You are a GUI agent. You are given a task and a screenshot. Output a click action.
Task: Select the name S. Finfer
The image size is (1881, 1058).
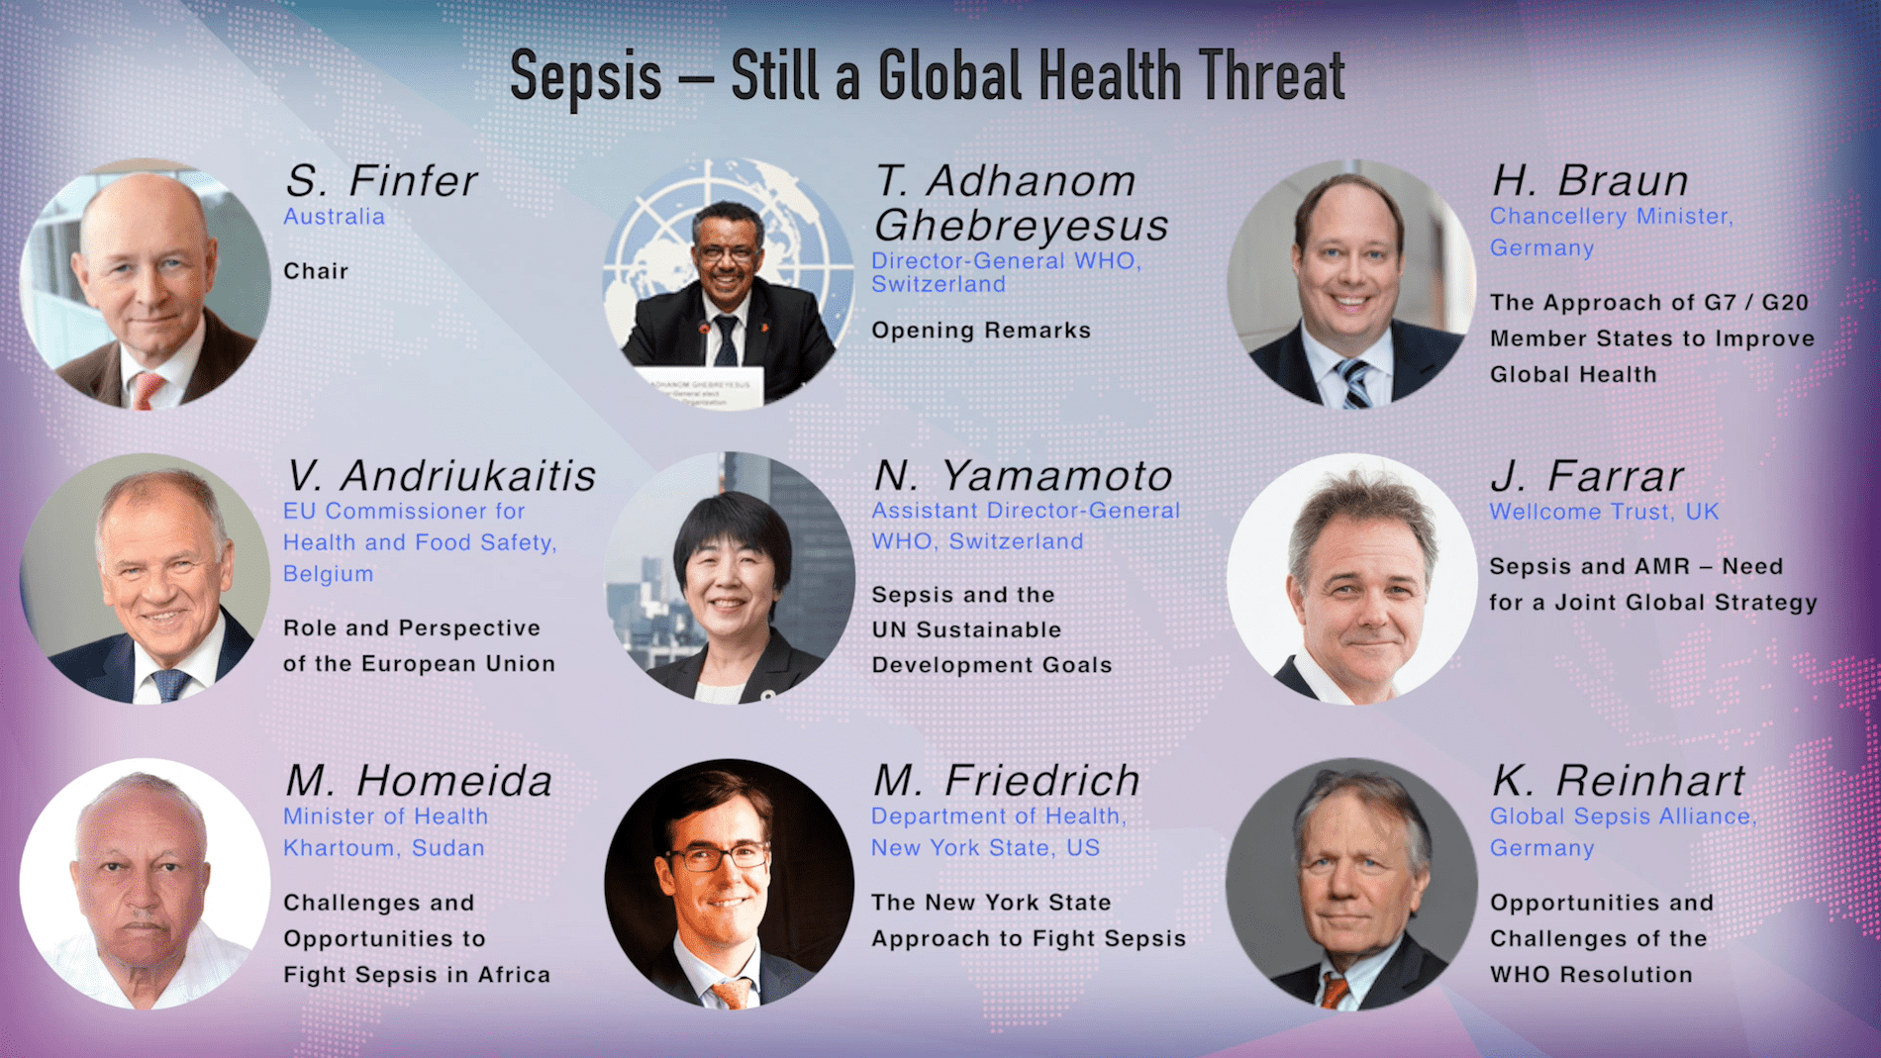[x=381, y=181]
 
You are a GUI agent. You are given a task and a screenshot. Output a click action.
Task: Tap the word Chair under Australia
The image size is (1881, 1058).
[x=316, y=271]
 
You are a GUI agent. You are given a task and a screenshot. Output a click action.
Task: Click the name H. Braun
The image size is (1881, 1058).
[x=1590, y=181]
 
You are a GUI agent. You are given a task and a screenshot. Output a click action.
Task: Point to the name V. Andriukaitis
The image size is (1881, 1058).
[x=441, y=476]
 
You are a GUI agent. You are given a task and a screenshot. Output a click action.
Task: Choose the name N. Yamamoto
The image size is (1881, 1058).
[x=1023, y=476]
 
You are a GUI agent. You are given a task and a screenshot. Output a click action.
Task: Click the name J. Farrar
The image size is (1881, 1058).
[x=1586, y=476]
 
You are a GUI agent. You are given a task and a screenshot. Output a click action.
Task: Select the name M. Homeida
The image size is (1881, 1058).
[x=419, y=781]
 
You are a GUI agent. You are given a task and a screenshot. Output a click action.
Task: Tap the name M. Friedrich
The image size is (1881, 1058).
[x=1006, y=781]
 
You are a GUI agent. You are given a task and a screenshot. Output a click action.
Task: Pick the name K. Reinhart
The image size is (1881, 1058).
[x=1618, y=781]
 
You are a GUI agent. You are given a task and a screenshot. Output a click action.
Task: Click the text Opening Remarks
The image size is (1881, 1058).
[x=981, y=331]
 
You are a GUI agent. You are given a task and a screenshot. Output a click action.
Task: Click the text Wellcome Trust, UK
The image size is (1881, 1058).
[x=1604, y=512]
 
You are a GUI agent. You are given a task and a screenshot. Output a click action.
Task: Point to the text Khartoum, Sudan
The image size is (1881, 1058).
[x=384, y=848]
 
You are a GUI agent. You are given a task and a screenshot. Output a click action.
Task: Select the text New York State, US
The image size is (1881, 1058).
[x=985, y=848]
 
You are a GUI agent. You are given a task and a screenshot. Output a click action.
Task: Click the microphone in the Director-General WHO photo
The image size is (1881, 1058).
[x=705, y=331]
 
